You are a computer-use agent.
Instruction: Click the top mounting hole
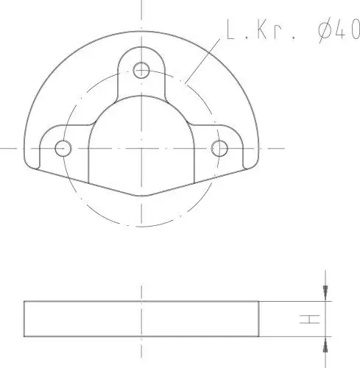141,70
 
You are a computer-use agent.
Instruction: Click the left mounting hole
63,148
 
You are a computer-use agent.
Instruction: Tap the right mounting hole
219,148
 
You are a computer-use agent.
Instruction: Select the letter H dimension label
310,319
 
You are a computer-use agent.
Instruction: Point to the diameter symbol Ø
325,30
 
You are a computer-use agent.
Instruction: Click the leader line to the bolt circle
202,60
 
